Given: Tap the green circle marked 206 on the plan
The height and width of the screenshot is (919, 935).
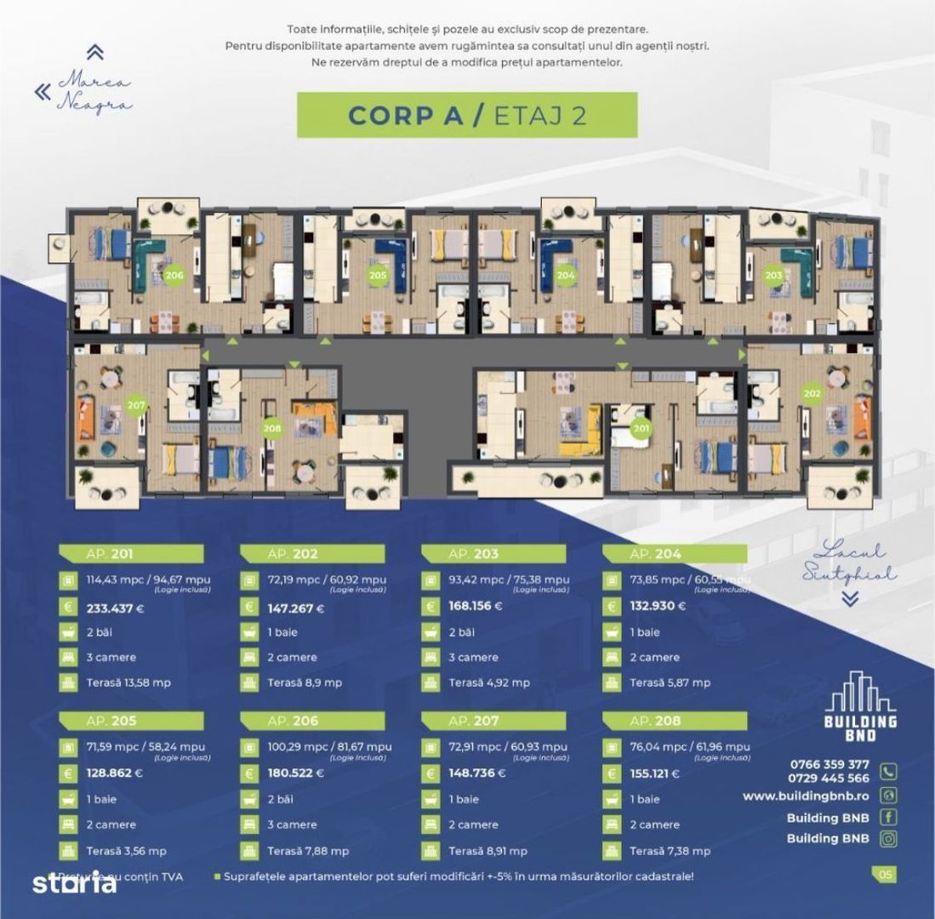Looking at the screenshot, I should pyautogui.click(x=174, y=275).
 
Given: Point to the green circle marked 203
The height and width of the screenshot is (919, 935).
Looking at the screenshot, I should pyautogui.click(x=773, y=275).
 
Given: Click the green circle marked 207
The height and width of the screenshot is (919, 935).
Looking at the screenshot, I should pyautogui.click(x=136, y=406).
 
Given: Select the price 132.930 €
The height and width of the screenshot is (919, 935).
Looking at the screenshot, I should pyautogui.click(x=658, y=608).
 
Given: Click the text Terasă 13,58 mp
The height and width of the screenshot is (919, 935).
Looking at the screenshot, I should pyautogui.click(x=123, y=682).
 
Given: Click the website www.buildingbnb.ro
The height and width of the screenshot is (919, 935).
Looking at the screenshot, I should pyautogui.click(x=806, y=796).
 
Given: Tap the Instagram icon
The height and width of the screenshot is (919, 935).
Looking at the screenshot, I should pyautogui.click(x=888, y=838).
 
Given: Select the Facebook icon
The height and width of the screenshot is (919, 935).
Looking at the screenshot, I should pyautogui.click(x=888, y=818).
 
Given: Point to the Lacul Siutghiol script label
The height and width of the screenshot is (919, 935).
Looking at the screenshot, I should pyautogui.click(x=847, y=562).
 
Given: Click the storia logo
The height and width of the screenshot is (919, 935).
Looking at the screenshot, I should pyautogui.click(x=74, y=883).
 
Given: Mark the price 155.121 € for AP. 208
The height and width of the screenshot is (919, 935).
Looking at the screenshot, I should pyautogui.click(x=658, y=774).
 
